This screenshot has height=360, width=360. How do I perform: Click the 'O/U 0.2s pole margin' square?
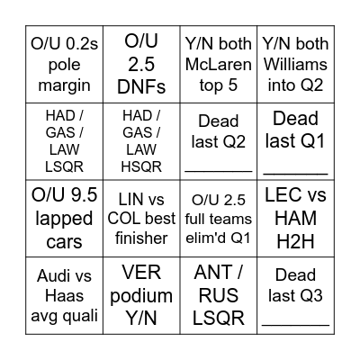[64, 64]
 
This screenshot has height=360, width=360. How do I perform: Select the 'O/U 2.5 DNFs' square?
[141, 64]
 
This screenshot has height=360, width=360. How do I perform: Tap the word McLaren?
[219, 64]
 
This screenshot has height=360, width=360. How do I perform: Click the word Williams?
[295, 64]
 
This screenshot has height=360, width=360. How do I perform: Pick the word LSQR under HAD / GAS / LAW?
[64, 166]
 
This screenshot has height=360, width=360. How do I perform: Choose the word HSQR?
[141, 166]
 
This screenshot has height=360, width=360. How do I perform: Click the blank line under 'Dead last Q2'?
[219, 172]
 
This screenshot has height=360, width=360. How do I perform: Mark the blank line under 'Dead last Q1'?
[295, 174]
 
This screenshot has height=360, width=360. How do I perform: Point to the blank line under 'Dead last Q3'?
[295, 325]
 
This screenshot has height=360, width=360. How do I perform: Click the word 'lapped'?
[64, 219]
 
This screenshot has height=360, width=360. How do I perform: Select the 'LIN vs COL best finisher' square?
[141, 219]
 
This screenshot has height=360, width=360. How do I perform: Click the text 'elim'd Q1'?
[218, 238]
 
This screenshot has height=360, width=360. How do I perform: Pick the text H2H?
[295, 241]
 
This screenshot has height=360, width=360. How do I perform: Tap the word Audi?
[51, 275]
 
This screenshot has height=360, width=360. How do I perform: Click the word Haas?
[64, 295]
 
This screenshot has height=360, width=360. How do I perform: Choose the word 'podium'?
[141, 296]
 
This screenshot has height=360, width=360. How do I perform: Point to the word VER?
[141, 272]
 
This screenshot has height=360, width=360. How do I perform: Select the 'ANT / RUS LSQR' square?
[219, 295]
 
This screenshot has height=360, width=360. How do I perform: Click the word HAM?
[295, 218]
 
